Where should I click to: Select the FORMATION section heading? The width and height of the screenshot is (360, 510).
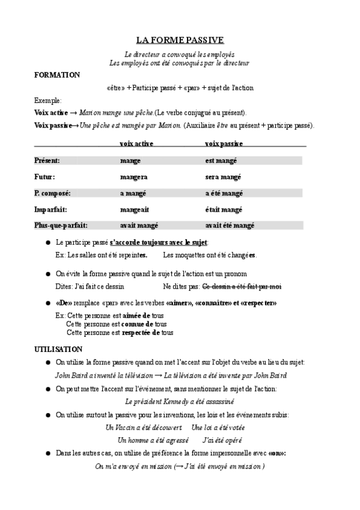pos(57,75)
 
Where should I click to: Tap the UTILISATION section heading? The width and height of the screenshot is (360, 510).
pos(58,349)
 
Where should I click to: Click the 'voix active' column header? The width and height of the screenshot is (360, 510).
pos(137,143)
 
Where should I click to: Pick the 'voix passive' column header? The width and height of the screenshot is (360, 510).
pos(224,143)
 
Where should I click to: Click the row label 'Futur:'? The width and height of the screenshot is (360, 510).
pos(45,177)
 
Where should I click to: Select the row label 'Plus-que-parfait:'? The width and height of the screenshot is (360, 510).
pos(61,226)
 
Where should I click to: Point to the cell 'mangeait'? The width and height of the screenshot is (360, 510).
pos(135,209)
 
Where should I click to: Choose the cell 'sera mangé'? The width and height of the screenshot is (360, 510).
pos(224,177)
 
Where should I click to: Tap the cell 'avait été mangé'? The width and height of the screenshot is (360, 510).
pos(230,226)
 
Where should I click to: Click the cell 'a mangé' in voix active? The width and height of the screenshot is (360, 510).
pos(133,193)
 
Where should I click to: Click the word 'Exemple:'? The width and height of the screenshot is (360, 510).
pos(48,100)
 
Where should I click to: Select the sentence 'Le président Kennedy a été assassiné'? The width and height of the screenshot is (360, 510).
pos(179,401)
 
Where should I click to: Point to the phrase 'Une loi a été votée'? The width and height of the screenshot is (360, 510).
pos(218,427)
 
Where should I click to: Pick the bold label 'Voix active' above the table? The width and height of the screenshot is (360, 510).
pos(51,112)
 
